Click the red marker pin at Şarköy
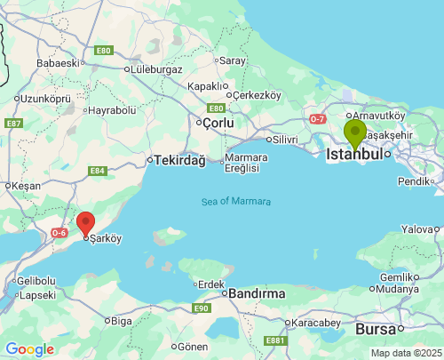85,224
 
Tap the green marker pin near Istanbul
355,133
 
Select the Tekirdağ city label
179,160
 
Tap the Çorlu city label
218,122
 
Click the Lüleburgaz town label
155,69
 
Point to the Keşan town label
24,186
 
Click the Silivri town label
284,140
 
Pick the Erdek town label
211,284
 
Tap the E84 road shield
98,171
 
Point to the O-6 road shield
59,233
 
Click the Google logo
29,349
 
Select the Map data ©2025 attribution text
405,353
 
